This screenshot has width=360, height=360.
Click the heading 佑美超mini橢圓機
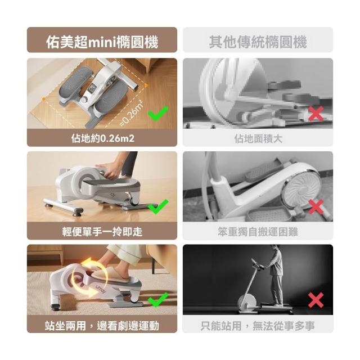pos(102,42)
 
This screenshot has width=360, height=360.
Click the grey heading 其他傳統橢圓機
pos(258,42)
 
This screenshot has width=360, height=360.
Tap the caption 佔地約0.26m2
pos(102,138)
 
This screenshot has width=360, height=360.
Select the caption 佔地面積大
pos(258,139)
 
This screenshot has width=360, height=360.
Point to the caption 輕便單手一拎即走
pos(102,232)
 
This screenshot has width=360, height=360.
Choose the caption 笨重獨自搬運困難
pos(258,232)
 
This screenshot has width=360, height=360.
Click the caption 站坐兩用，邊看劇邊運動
pos(102,326)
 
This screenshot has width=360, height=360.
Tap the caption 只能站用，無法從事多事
pos(258,326)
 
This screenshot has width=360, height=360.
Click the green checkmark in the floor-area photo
pos(158,114)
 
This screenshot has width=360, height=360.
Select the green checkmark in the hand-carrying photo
pos(158,206)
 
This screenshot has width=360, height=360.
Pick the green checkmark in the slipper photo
pos(158,300)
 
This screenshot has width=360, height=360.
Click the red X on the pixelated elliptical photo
pos(316,114)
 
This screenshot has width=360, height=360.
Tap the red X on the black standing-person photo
pos(316,300)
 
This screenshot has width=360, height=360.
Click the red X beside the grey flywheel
pos(316,206)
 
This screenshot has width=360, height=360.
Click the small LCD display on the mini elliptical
pos(92,88)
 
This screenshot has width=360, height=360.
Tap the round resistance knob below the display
pos(85,100)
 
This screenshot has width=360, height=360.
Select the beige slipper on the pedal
pos(112,275)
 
